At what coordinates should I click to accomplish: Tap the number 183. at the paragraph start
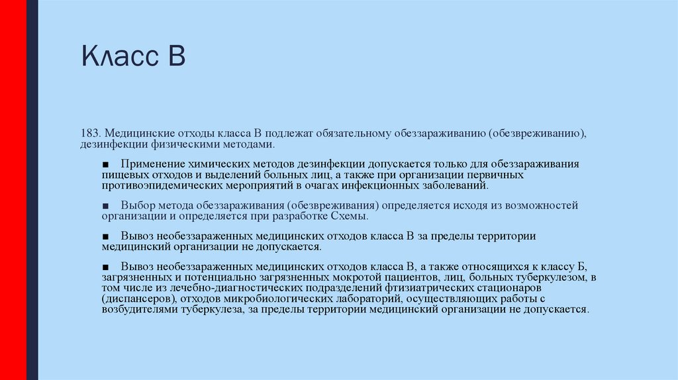tap(91, 134)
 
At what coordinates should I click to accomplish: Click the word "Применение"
tap(150, 163)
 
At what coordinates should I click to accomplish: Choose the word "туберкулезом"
tap(555, 277)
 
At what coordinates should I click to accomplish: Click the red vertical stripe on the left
tap(13, 190)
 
